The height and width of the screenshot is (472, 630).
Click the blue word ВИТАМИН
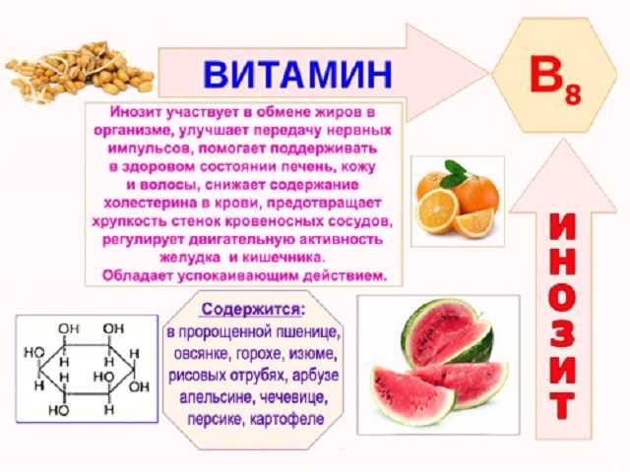297,75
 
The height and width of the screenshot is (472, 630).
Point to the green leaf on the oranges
457,173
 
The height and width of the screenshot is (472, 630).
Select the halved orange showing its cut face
437,210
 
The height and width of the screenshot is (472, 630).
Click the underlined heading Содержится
253,310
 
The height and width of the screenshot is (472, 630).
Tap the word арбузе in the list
316,376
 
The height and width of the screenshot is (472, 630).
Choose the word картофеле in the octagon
286,419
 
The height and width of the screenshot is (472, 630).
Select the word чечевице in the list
293,397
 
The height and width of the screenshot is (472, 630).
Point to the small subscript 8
573,95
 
